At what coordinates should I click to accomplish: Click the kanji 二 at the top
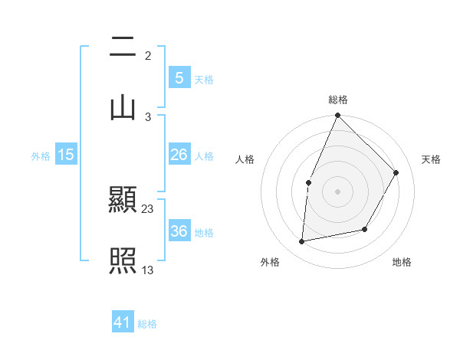click(123, 48)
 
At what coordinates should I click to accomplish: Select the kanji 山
click(123, 106)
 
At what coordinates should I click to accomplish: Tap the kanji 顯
click(123, 201)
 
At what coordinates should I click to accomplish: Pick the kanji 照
click(123, 261)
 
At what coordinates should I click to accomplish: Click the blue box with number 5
click(179, 77)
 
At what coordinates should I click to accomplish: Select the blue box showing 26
click(179, 155)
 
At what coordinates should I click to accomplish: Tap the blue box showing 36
click(179, 231)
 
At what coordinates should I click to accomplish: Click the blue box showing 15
click(66, 155)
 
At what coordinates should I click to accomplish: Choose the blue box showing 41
click(123, 322)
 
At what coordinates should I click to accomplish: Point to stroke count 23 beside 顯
click(148, 208)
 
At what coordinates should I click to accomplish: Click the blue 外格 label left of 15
click(41, 155)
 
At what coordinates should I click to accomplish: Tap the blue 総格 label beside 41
click(147, 323)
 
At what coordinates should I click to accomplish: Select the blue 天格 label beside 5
click(204, 79)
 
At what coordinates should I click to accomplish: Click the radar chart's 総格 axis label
click(337, 100)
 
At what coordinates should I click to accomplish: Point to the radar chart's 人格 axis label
click(245, 159)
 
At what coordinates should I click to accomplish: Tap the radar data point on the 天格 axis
click(396, 172)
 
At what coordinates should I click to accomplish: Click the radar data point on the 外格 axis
click(302, 242)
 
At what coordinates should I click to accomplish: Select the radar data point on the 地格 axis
click(365, 229)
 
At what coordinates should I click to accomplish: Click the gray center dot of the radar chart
click(337, 191)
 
